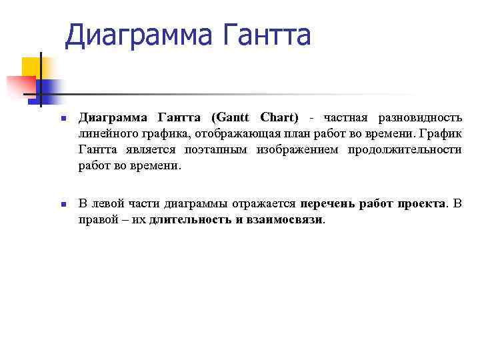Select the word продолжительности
click(405, 150)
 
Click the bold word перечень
click(328, 203)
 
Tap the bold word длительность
click(191, 219)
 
